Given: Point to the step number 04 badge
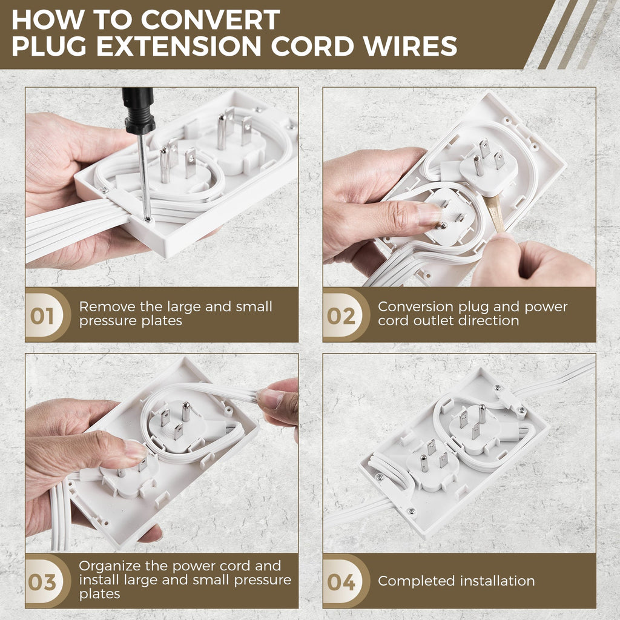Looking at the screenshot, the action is coord(341,582).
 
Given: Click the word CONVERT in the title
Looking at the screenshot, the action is coord(210,19).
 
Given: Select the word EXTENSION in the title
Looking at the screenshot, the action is coord(179,46).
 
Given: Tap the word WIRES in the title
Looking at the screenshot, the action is coord(410,46).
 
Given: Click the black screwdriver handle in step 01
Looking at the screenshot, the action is coord(139,111).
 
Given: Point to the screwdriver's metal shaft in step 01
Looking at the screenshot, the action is coord(144,176).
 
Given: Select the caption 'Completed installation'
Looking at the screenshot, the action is coord(457,581).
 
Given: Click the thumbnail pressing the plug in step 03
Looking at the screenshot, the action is coord(134,450).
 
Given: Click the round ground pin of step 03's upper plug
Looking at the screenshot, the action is coord(186,412).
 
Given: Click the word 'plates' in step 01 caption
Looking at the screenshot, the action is coord(163,321).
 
